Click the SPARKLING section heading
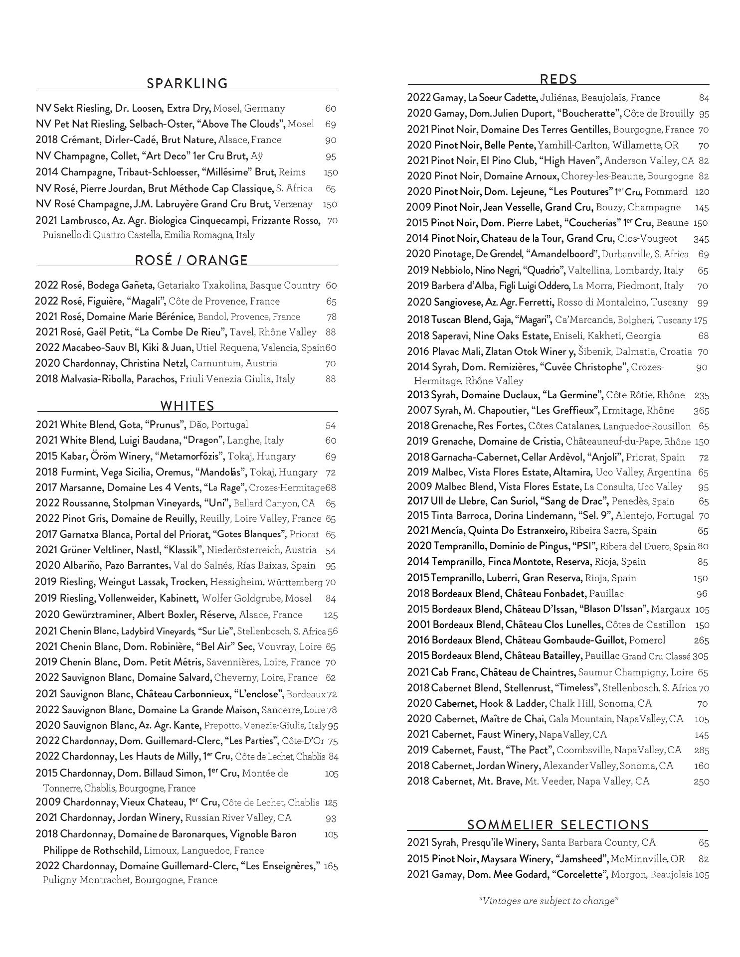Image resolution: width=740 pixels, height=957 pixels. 187,83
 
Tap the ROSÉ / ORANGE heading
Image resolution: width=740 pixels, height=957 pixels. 191,260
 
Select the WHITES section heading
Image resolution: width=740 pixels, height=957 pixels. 187,406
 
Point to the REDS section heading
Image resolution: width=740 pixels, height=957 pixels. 558,79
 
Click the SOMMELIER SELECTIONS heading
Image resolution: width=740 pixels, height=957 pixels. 558,825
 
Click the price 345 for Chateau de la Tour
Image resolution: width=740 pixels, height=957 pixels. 701,239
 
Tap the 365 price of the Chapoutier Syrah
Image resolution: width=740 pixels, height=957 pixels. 701,411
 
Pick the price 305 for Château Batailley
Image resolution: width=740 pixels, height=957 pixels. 701,656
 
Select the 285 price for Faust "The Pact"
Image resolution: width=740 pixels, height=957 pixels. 701,750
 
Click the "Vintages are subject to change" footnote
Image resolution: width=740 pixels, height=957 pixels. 549,901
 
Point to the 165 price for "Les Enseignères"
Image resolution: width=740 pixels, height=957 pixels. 331,866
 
